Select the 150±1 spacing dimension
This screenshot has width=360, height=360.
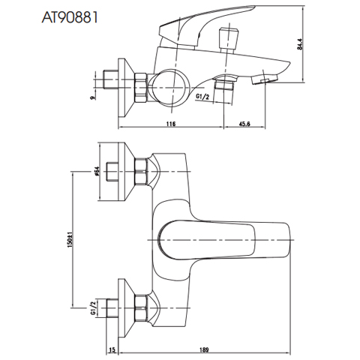pyautogui.click(x=70, y=241)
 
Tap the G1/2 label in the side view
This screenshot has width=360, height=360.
pyautogui.click(x=201, y=97)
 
